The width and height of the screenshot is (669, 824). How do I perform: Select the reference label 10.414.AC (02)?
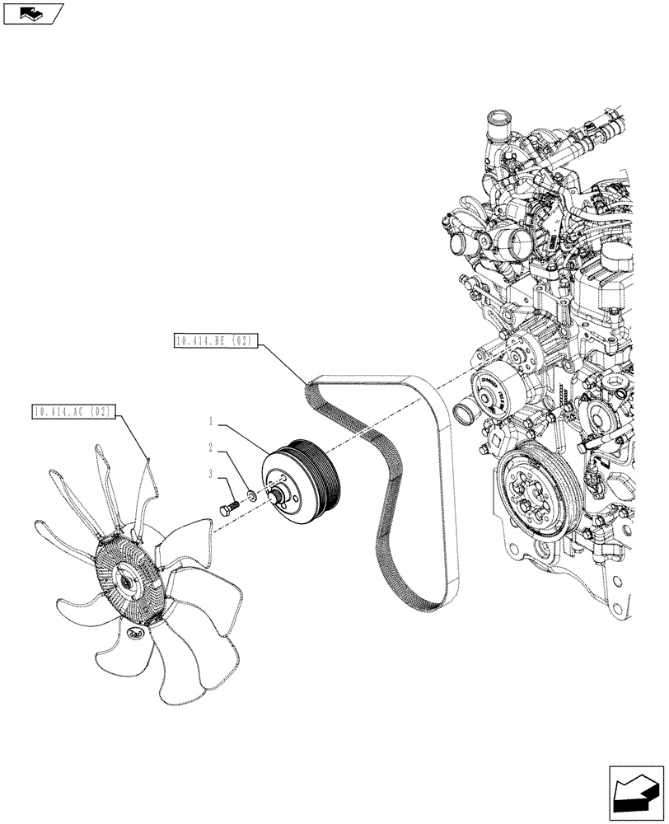click(x=73, y=410)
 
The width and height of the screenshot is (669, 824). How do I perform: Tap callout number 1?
click(x=212, y=421)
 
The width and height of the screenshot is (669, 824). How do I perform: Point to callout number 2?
click(x=212, y=447)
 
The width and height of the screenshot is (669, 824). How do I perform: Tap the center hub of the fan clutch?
click(x=128, y=582)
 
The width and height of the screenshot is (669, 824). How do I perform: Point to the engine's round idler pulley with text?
click(x=495, y=392)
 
